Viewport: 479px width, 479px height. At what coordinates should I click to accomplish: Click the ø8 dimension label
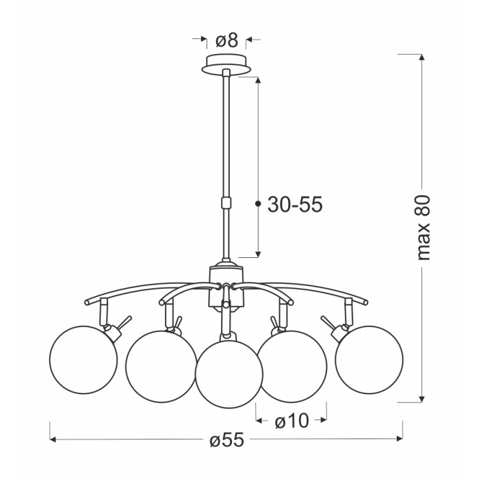226,40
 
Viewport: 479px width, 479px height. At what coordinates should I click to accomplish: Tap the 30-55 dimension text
295,204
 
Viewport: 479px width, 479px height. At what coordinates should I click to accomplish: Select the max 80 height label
424,227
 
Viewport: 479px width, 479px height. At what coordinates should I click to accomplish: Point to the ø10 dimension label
292,422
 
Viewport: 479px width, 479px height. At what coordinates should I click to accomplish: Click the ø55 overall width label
227,440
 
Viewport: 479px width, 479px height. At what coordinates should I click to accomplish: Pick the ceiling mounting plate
226,64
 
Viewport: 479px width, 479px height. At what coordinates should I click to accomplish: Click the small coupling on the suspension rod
226,203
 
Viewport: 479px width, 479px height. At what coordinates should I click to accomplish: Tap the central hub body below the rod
226,287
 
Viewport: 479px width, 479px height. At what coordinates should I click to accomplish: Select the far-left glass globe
83,360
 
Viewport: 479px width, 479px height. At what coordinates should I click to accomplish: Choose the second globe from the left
161,367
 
